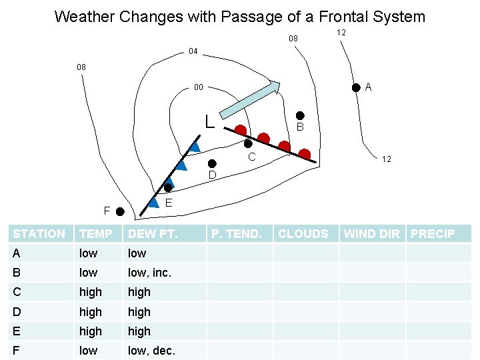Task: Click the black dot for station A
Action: (x=357, y=86)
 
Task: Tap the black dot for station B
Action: (x=300, y=115)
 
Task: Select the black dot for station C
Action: (x=248, y=143)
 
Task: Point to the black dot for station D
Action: (x=211, y=163)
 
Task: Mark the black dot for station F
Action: (x=120, y=212)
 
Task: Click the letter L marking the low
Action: (x=209, y=122)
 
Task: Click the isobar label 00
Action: (x=198, y=87)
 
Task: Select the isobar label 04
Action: (x=193, y=51)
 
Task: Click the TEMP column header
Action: (x=95, y=234)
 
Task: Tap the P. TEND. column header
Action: (x=236, y=234)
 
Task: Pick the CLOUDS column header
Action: (x=303, y=234)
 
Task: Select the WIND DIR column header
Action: (x=372, y=234)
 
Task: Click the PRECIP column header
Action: (x=433, y=234)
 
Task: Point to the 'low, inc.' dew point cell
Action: (x=149, y=273)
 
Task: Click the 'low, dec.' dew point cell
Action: (x=151, y=351)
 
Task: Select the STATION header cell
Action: (x=39, y=234)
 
